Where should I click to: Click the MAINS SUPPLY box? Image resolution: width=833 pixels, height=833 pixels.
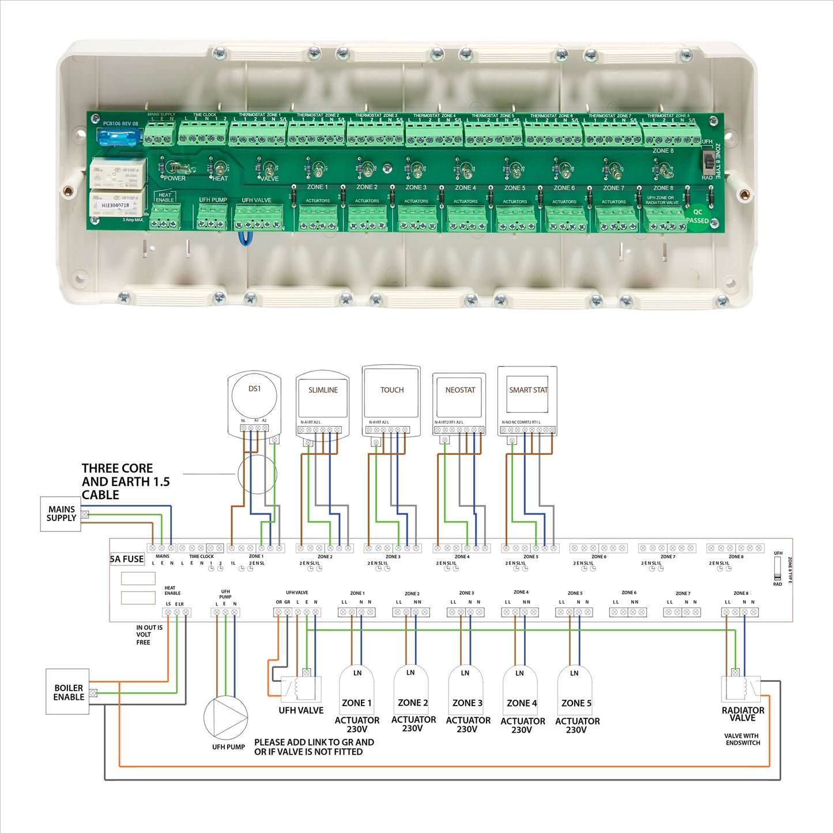point(61,514)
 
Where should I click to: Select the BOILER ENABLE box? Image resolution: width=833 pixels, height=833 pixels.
point(68,692)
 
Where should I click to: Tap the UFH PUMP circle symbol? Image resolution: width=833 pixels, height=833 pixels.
point(225,718)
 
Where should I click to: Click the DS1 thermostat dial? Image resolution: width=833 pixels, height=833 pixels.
point(254,395)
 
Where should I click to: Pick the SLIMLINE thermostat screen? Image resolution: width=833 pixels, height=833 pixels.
point(323,398)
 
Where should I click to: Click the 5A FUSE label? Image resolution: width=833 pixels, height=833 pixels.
point(127,559)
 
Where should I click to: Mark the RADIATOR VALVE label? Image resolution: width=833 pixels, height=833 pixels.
point(742,714)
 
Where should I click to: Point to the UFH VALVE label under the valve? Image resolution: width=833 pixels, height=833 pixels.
point(301,711)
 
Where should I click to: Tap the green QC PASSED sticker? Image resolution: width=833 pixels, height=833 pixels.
point(698,217)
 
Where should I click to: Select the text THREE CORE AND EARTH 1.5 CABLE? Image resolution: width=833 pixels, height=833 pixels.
point(125,481)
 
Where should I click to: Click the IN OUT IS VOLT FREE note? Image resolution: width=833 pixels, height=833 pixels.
point(149,635)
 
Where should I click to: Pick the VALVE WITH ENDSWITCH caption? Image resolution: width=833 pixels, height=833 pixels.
point(742,740)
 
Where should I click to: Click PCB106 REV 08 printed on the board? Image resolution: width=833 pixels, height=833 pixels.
point(120,123)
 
